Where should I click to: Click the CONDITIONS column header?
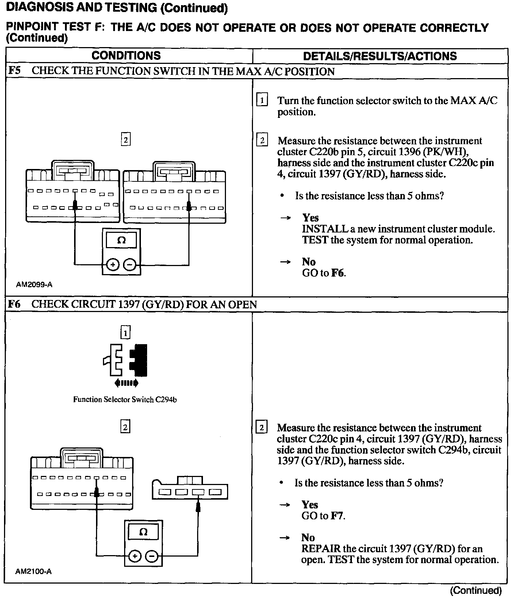(x=126, y=55)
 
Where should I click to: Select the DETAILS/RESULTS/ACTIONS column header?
(x=380, y=56)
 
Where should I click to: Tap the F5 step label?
(x=14, y=71)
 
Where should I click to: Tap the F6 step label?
(x=14, y=304)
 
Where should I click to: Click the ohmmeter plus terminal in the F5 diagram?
(x=113, y=265)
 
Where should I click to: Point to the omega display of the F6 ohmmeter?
(x=143, y=532)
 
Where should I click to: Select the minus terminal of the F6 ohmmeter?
(x=152, y=557)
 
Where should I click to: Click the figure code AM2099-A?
(x=34, y=284)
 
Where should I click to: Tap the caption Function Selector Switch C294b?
(x=125, y=400)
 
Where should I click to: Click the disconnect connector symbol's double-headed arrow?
(x=126, y=383)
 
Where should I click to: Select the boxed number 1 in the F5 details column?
(x=262, y=100)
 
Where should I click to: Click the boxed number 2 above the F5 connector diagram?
(x=126, y=139)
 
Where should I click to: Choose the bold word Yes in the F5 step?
(x=310, y=218)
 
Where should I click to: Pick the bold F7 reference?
(x=337, y=516)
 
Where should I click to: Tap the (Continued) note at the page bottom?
(x=476, y=591)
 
